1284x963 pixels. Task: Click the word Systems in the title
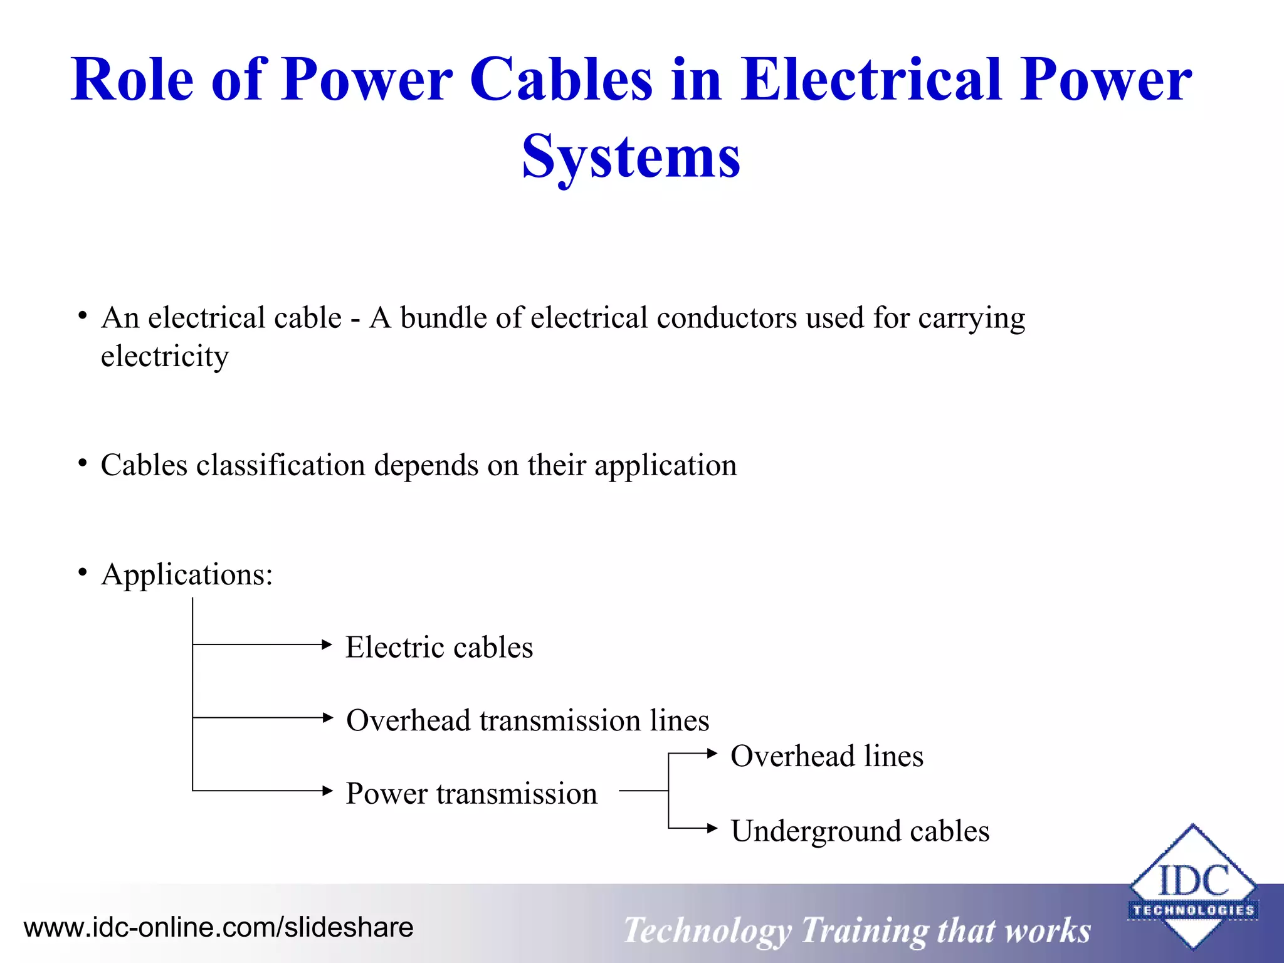click(631, 157)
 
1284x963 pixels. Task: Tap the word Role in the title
click(132, 80)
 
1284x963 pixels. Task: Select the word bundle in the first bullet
click(443, 318)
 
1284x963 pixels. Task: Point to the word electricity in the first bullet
click(165, 356)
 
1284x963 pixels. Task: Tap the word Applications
click(187, 574)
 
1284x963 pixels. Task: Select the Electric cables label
click(439, 647)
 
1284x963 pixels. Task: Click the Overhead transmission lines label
click(527, 720)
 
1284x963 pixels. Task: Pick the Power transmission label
click(471, 794)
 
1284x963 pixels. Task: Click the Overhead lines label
click(827, 756)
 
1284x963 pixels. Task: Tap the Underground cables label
click(860, 831)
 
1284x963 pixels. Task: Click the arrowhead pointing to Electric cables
click(326, 645)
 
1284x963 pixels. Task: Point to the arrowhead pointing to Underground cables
click(712, 829)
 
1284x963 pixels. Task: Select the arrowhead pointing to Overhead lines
click(712, 754)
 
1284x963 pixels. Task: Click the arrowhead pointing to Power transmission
click(327, 791)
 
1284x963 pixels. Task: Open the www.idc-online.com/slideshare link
click(218, 927)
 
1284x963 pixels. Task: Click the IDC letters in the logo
click(1192, 881)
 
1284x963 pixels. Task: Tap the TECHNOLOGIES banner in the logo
click(1192, 910)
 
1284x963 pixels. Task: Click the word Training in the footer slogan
click(865, 930)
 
